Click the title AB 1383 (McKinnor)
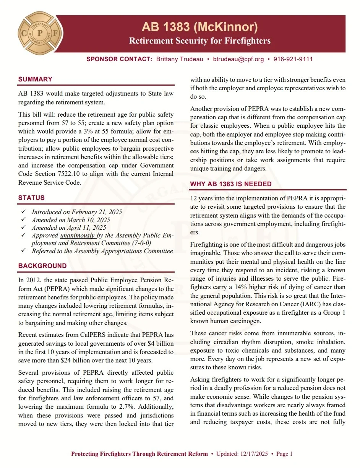coord(200,27)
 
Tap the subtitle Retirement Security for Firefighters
coord(200,41)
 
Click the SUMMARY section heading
coord(35,79)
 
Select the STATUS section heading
coord(31,198)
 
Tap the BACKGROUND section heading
coord(42,266)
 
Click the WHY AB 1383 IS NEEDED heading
coord(231,184)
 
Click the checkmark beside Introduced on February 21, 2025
coord(24,212)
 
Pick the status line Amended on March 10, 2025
coord(71,220)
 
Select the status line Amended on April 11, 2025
coord(69,227)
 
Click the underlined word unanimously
coord(78,236)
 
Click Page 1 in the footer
coord(284,454)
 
